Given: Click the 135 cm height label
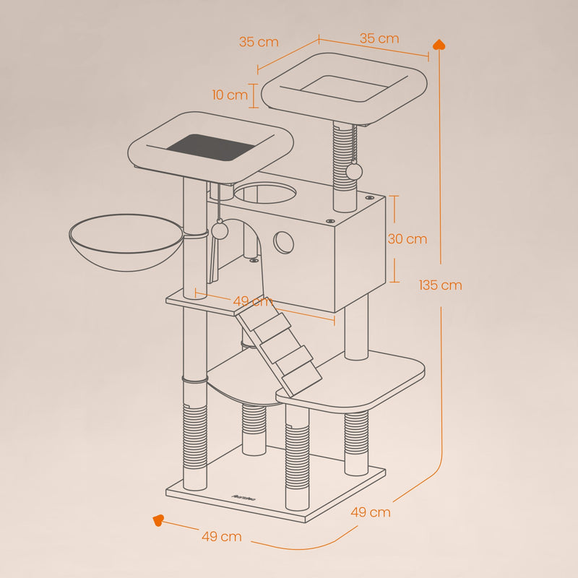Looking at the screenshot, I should (440, 285).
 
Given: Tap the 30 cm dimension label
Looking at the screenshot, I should (407, 239).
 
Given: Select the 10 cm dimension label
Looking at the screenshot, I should (230, 95).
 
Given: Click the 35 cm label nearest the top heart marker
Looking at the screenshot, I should (379, 39).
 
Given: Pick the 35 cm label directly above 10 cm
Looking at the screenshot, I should (259, 42).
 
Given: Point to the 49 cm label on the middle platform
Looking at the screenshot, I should (251, 301).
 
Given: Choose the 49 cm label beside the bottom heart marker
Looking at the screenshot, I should (221, 537).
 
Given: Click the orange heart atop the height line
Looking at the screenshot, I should (439, 46).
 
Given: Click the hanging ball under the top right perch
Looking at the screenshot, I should (354, 171).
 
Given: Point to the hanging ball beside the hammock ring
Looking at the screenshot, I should (220, 230).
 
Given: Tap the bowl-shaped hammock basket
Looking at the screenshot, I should (126, 243).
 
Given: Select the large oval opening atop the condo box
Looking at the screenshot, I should (265, 194).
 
